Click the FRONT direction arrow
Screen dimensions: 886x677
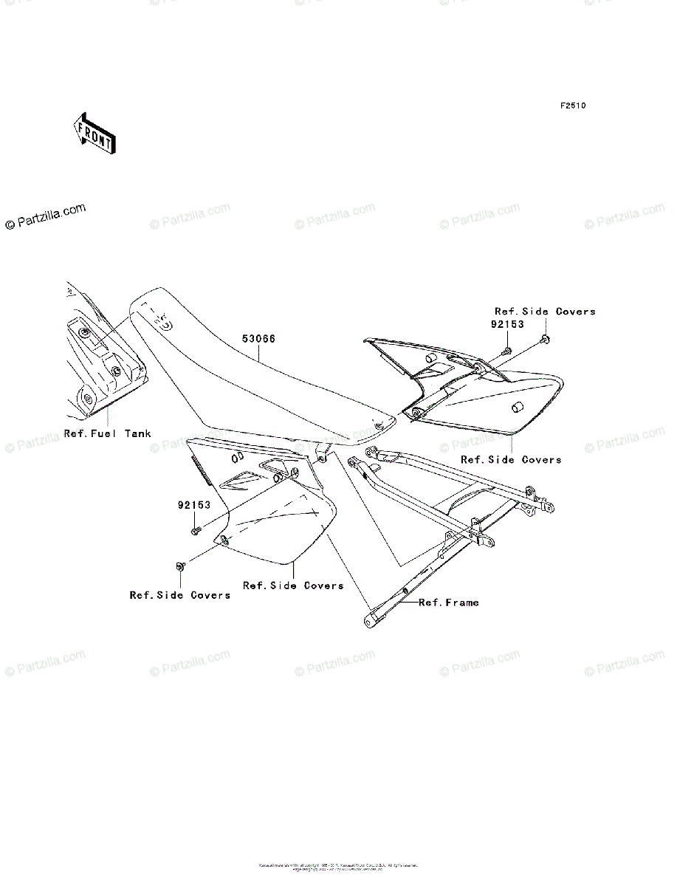click(92, 133)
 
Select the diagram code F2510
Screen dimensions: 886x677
click(572, 106)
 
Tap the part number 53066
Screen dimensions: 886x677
click(258, 340)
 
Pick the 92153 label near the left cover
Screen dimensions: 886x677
click(194, 506)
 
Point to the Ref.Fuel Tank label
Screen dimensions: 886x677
click(107, 433)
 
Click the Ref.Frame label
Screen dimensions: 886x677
click(449, 602)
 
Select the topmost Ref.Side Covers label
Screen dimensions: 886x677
click(545, 312)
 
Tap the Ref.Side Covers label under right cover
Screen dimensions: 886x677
click(511, 459)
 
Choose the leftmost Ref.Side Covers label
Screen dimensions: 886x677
click(180, 595)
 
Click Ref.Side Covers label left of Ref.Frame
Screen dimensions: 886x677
click(293, 585)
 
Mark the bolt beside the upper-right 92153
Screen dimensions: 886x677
click(507, 348)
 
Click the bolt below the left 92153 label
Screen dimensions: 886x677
click(195, 530)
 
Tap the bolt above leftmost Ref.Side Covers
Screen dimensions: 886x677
click(179, 566)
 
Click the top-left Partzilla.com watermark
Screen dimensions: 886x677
click(46, 217)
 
